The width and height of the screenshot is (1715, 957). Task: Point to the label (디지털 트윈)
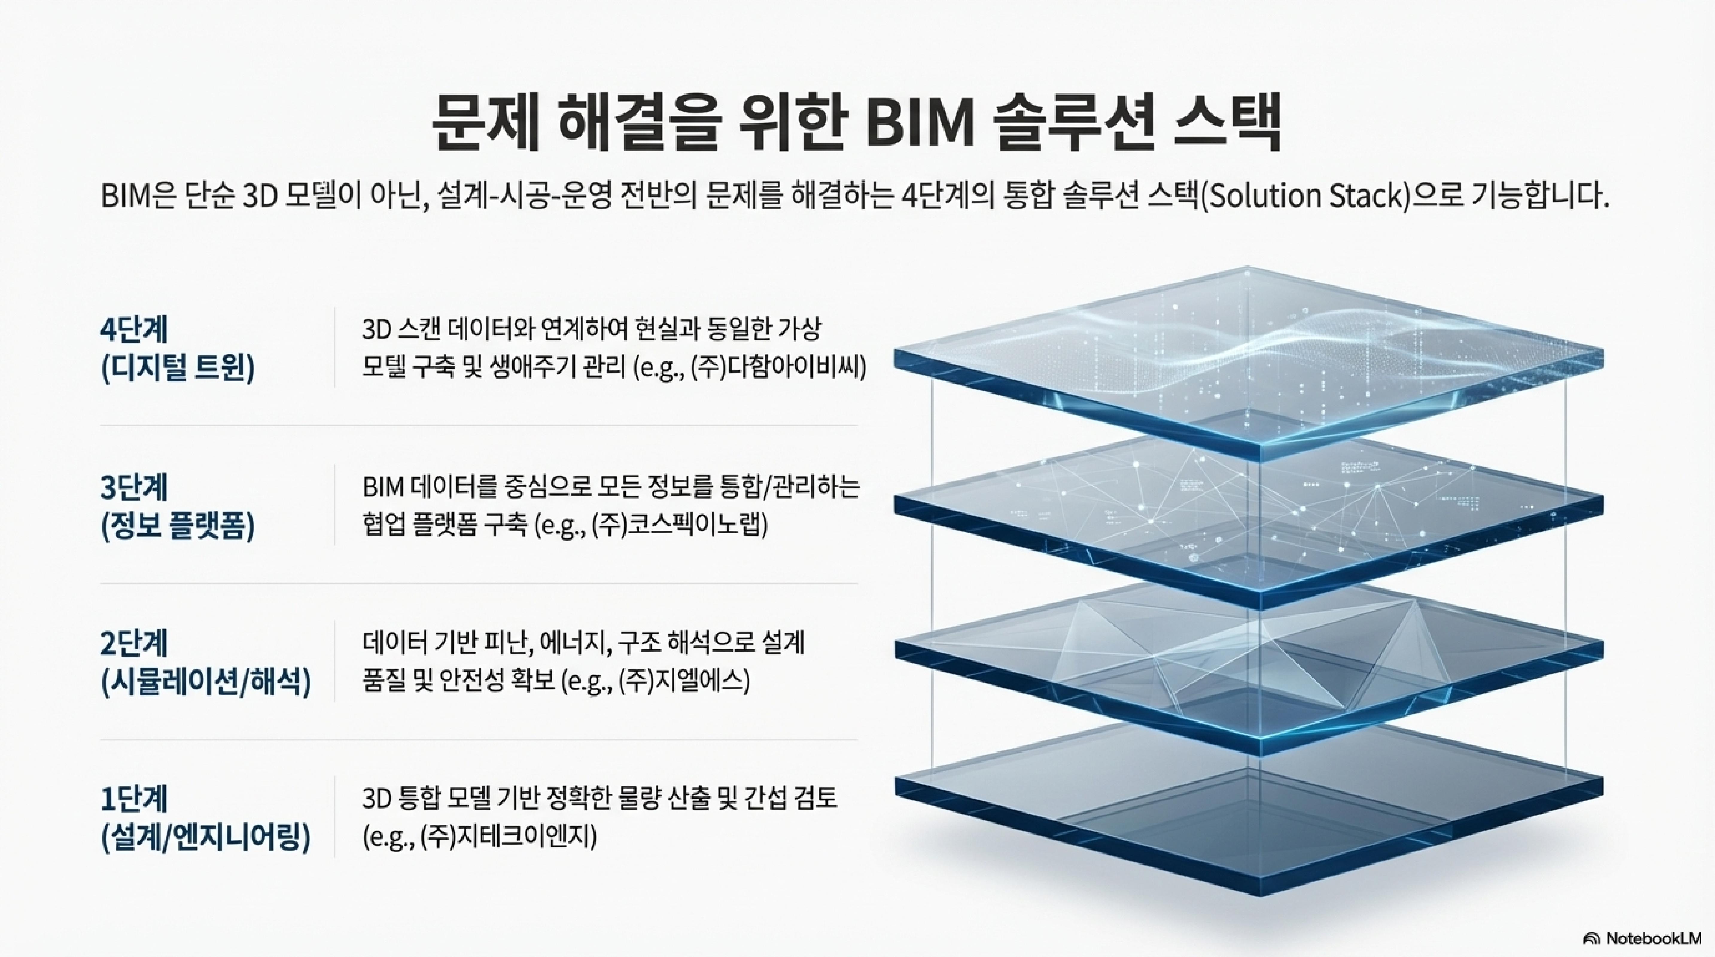[178, 368]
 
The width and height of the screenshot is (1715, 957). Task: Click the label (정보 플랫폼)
[178, 526]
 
